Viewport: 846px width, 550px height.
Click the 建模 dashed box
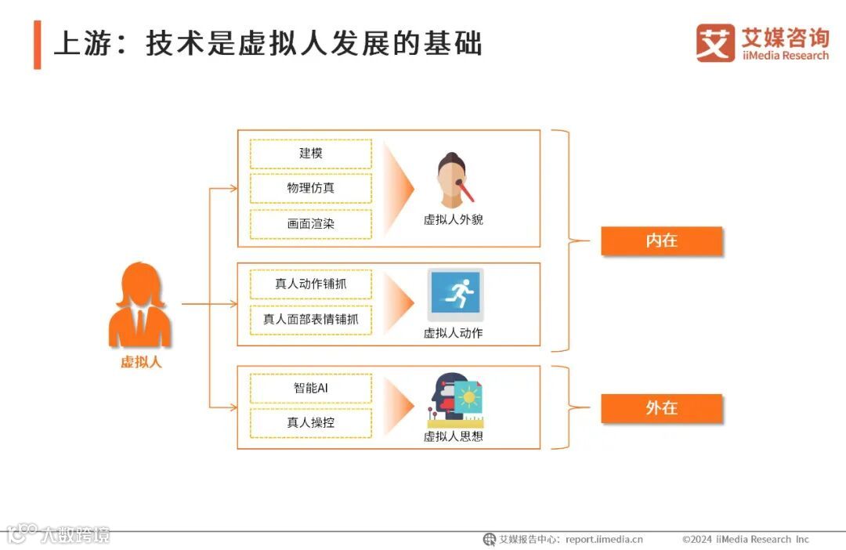click(x=311, y=154)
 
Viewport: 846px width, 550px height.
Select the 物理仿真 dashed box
click(x=311, y=189)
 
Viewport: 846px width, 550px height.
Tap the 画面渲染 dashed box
click(x=311, y=224)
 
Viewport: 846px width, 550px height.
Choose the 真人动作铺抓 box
click(x=311, y=284)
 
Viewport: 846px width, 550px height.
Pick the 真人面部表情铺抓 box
click(x=311, y=319)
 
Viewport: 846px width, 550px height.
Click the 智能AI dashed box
click(x=311, y=388)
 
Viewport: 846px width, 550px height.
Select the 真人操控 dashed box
click(x=311, y=423)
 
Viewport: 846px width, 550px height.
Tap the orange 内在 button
click(x=661, y=241)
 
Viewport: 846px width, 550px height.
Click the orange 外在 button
click(x=661, y=408)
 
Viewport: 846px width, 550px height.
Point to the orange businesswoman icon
click(x=139, y=305)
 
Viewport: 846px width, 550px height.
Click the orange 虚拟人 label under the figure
click(x=141, y=362)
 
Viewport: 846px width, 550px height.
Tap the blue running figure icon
click(x=455, y=295)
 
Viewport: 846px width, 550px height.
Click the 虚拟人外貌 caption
click(x=454, y=220)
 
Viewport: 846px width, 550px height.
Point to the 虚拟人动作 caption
click(x=454, y=333)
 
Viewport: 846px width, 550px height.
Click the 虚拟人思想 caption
click(x=454, y=436)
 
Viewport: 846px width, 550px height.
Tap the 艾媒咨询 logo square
click(x=715, y=43)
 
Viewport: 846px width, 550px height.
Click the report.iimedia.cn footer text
click(x=604, y=539)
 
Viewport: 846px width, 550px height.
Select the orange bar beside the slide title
click(x=37, y=45)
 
